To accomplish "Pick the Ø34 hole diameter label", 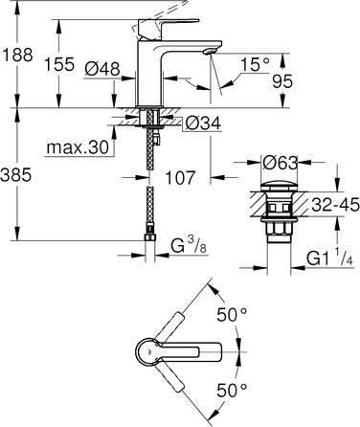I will coord(200,123).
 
